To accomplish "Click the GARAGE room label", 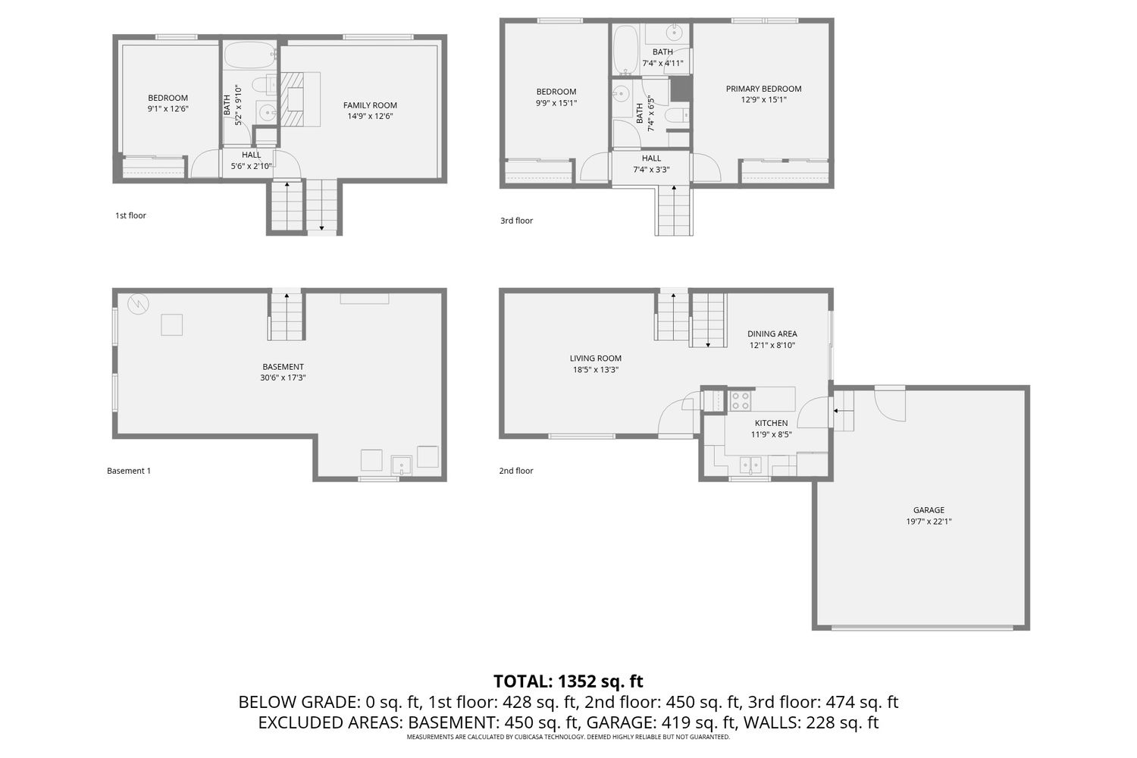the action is (929, 509).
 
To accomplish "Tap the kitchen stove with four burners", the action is (740, 400).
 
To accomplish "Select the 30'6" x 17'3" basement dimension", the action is (283, 377).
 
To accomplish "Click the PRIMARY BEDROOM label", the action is (763, 89).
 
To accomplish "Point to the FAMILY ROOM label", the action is (370, 105).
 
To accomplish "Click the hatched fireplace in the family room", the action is (292, 99).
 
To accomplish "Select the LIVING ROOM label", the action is (595, 358).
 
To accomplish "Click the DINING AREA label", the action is (772, 334).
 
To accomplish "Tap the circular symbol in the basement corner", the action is (138, 304).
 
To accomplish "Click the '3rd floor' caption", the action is (516, 221).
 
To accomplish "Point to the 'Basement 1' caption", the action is (128, 471).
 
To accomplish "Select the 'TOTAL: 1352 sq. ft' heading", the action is (568, 681).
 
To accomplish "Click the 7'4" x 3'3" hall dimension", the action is (651, 170).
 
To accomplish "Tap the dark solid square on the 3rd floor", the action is (681, 89).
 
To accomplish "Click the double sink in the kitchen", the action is (750, 465).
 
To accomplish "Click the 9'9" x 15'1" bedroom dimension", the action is (556, 103).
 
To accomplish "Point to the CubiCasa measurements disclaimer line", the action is (568, 737).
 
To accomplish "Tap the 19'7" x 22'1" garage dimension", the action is (929, 522).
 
